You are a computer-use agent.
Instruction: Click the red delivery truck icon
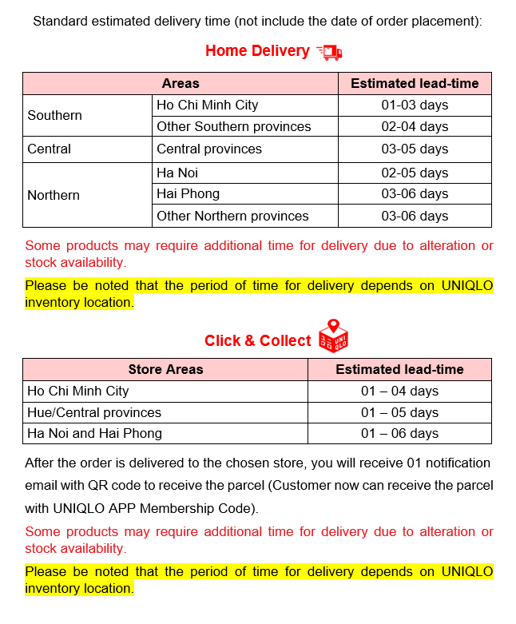tap(329, 52)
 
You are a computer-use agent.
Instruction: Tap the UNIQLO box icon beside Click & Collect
tap(333, 336)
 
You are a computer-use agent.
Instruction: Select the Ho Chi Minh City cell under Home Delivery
tap(208, 105)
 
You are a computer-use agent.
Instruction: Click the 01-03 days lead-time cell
tap(415, 105)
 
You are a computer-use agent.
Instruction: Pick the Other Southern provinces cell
tap(233, 126)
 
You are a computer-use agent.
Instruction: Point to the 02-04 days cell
tap(415, 126)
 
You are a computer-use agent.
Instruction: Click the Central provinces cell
tap(209, 149)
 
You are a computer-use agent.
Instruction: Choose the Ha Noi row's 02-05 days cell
tap(415, 173)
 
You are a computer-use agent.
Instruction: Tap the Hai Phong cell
tap(189, 193)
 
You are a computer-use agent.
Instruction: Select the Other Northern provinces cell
tap(232, 216)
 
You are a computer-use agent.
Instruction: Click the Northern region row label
tap(54, 195)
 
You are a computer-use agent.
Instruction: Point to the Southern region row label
tap(54, 115)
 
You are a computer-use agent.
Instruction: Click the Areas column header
tap(181, 83)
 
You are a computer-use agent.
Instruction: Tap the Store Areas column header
tap(165, 369)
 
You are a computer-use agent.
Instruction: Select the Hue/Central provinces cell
tap(94, 412)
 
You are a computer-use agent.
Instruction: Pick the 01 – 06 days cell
tap(399, 433)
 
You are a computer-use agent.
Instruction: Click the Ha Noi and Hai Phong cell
tap(94, 433)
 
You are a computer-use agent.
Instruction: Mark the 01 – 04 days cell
tap(399, 391)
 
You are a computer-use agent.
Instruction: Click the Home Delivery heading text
tap(257, 51)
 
